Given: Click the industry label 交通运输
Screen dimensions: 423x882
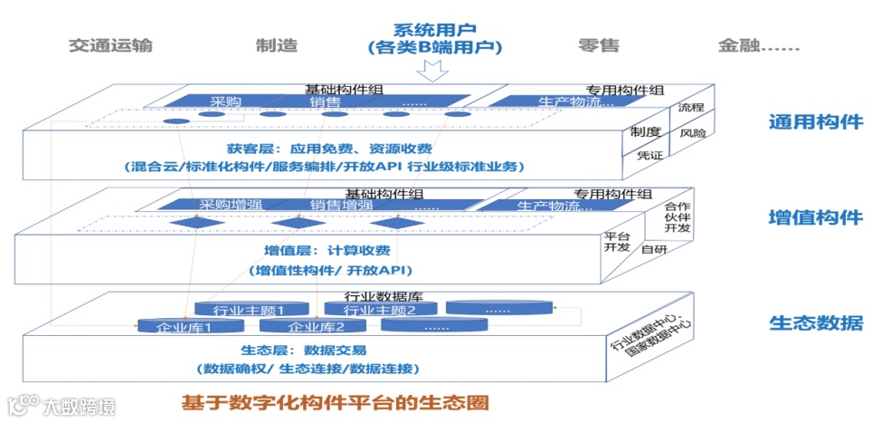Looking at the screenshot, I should coord(110,46).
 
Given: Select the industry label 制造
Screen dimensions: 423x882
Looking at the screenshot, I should coord(277,46).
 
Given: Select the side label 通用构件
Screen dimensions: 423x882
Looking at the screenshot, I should coord(815,122).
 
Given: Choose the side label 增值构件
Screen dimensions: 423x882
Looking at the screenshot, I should coord(815,218).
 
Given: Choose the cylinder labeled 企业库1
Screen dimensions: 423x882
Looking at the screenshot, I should coord(185,327).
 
